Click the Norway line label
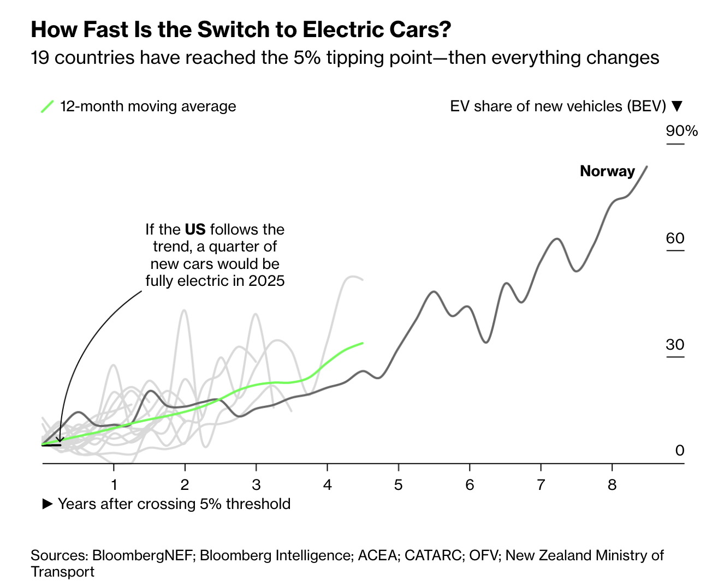point(607,171)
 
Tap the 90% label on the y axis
point(681,131)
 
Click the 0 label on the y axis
point(679,451)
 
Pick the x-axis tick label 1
point(114,485)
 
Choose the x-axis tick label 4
point(327,485)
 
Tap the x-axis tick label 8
point(612,485)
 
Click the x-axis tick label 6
point(470,485)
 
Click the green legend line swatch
point(48,106)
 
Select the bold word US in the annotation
point(195,230)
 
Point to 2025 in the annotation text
point(266,281)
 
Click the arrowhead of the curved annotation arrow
point(60,439)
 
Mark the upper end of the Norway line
point(647,166)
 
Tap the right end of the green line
point(363,343)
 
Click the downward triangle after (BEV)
point(677,106)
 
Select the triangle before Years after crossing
point(48,504)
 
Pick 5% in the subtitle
point(307,58)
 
